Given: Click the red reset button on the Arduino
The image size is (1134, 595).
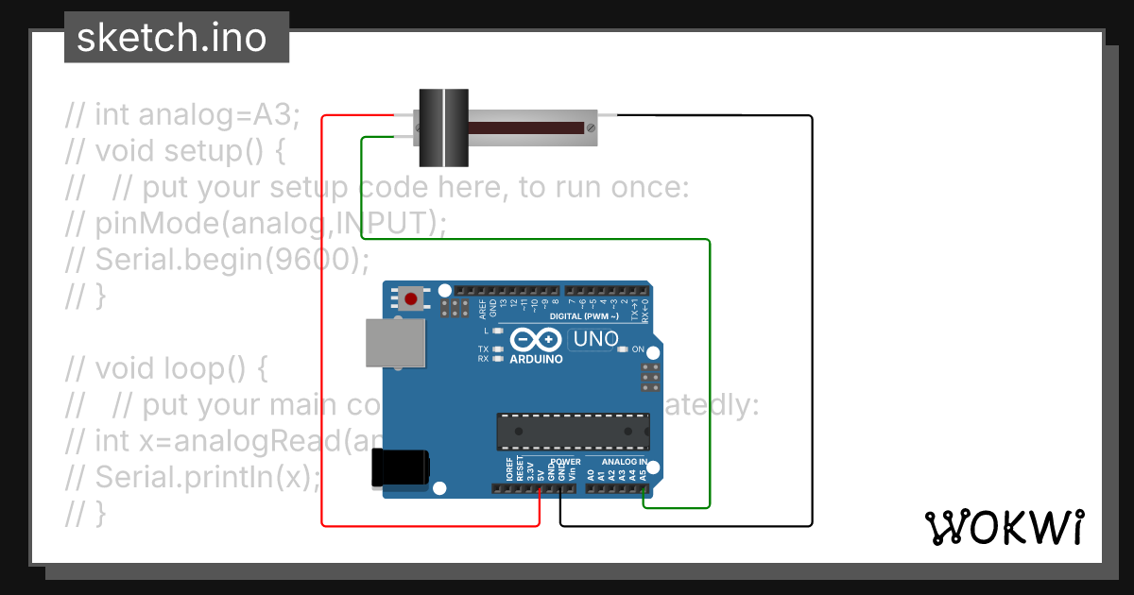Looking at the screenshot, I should coord(411,299).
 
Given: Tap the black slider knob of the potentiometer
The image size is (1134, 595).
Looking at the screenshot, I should coord(443,127).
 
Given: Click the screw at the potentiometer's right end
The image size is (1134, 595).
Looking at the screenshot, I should coord(592,127).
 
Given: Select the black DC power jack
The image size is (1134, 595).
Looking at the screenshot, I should coord(400,468).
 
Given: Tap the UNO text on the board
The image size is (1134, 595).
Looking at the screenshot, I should coord(595,339).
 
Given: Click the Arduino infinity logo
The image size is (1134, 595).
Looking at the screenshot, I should coord(536,340).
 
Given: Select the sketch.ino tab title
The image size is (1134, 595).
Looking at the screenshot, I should coord(171,38).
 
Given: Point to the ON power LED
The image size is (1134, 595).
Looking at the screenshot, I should coord(623,350).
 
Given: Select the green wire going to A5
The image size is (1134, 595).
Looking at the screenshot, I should coord(709,378).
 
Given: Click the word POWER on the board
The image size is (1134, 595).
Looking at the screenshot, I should coord(565,462).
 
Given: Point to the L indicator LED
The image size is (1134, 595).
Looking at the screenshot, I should coord(497,331).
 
